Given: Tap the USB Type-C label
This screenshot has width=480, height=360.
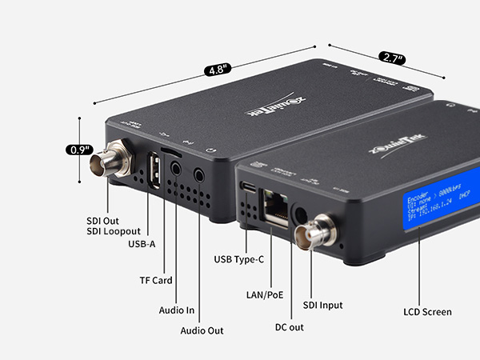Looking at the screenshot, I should pos(238,259).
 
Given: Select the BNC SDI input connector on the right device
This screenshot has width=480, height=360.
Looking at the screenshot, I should pos(311,233).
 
